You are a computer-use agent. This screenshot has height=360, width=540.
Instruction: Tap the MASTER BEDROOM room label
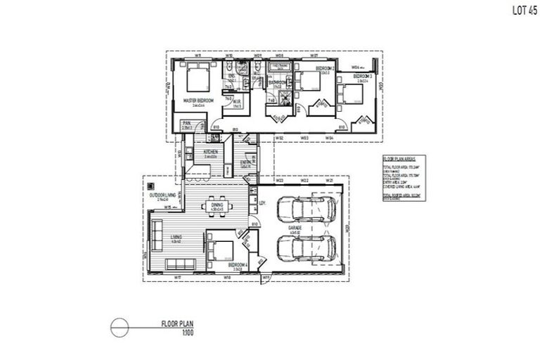click(x=198, y=101)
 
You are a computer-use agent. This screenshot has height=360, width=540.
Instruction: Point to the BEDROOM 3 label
click(x=362, y=76)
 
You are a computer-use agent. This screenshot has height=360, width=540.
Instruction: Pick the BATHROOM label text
click(x=276, y=83)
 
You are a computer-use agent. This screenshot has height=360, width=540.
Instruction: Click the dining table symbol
click(x=216, y=206)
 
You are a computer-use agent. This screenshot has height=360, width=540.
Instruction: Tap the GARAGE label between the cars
click(x=295, y=229)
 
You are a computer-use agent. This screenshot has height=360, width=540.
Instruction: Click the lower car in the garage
click(x=306, y=248)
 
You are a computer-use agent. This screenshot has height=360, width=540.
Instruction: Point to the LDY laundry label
click(x=262, y=204)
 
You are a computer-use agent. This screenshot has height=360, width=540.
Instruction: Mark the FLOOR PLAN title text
click(x=177, y=324)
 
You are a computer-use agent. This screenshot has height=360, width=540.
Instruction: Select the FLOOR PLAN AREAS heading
click(x=397, y=160)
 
